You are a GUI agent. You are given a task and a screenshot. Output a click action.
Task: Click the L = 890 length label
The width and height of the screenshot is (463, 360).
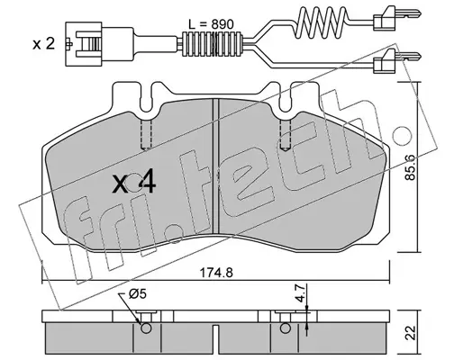211,24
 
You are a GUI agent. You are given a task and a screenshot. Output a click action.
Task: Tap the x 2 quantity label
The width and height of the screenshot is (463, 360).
44,44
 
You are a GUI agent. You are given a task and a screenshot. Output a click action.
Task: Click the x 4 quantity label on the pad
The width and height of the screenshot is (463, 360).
134,184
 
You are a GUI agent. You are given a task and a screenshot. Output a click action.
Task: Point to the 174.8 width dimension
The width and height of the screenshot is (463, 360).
216,273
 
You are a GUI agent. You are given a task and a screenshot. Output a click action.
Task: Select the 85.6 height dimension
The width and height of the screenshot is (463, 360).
410,167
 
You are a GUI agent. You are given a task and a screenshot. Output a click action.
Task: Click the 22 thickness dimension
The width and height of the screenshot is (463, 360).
411,332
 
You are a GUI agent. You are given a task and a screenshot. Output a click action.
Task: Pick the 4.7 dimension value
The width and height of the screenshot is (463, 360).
300,294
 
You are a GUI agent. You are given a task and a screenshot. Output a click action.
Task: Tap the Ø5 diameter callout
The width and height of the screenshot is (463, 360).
138,294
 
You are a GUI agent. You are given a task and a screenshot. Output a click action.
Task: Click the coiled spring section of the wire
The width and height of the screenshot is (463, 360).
322,22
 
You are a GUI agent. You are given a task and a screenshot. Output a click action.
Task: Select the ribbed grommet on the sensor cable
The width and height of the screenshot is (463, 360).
213,44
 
